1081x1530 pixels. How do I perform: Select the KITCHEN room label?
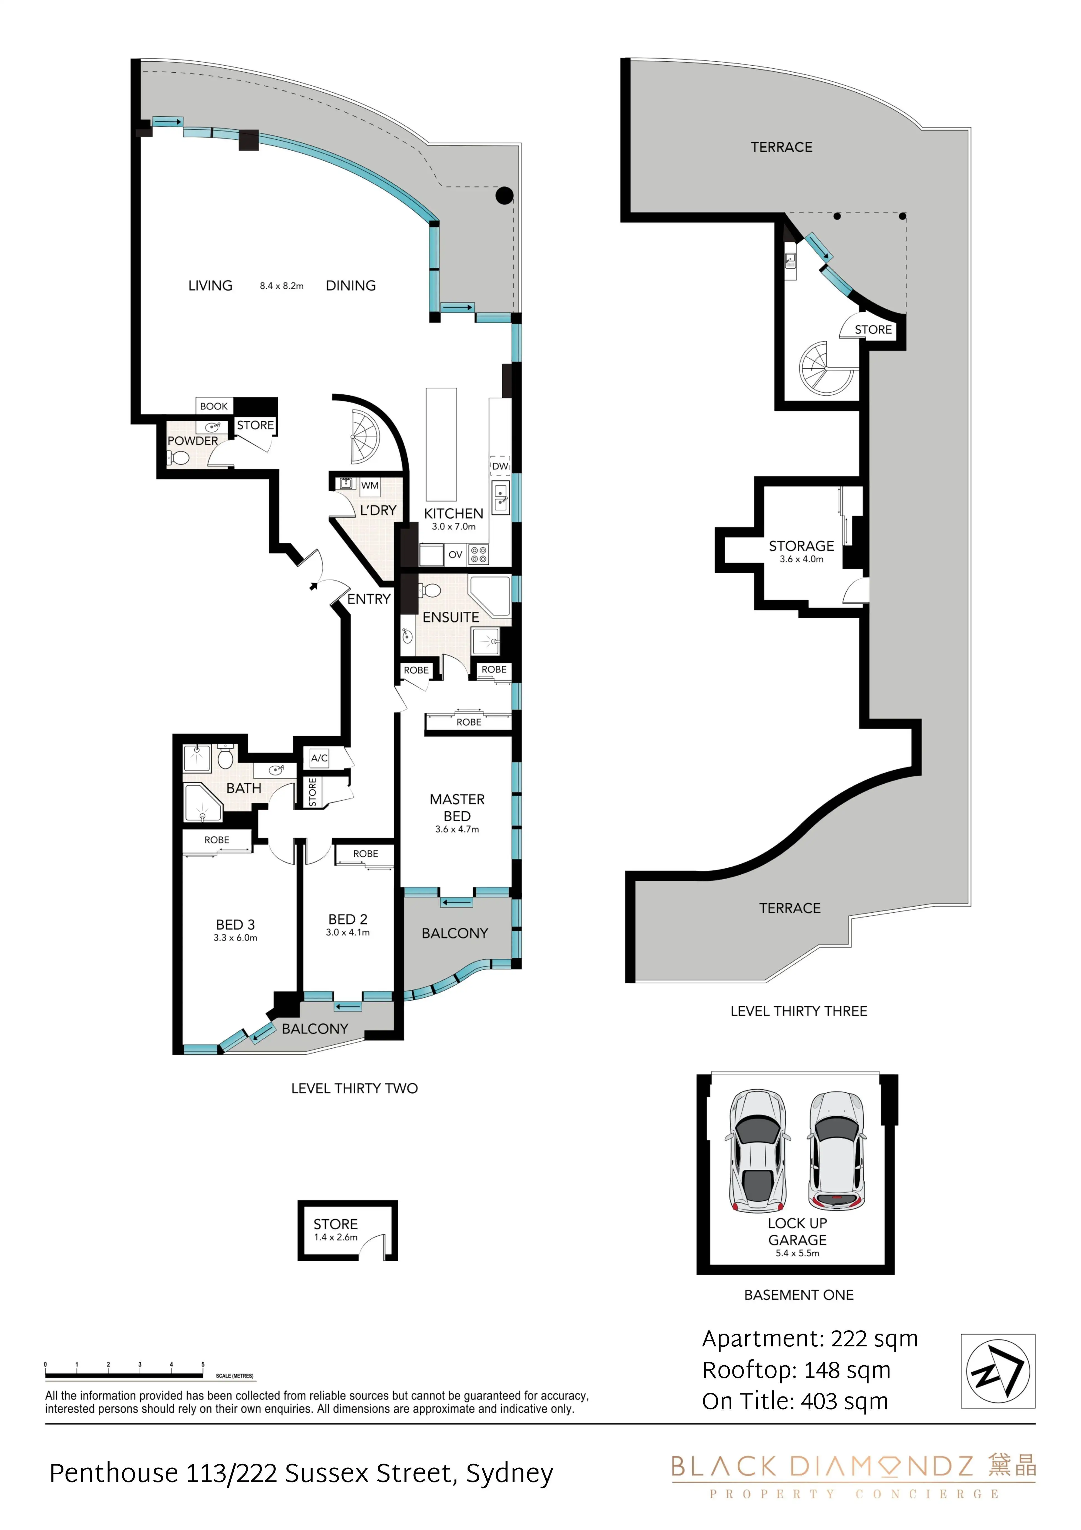(x=454, y=514)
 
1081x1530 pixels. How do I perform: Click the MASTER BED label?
(x=457, y=808)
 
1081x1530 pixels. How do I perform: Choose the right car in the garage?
(x=837, y=1151)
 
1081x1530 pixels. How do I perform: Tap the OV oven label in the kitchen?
(x=456, y=554)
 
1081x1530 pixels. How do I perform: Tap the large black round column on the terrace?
(x=504, y=195)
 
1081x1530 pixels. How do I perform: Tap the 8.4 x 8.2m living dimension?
(x=282, y=286)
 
